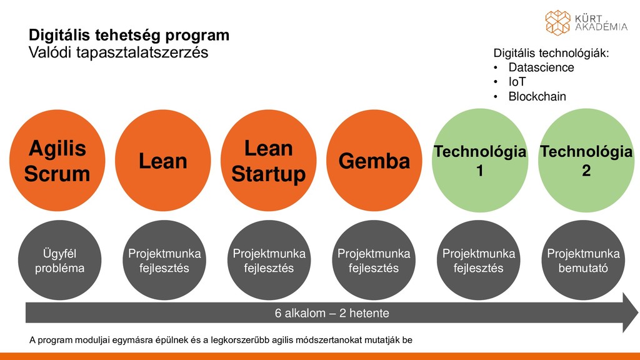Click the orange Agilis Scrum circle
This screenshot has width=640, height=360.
pos(57,161)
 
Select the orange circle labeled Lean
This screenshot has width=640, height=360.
pos(162,161)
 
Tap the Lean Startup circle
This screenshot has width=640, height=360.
pos(268,161)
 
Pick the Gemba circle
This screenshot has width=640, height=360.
pos(374,161)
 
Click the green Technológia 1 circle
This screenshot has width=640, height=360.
pos(479,161)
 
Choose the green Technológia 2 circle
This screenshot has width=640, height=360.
pos(586,161)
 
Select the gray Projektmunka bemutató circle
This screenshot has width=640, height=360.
pos(583,261)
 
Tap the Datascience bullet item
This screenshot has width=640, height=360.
pos(541,67)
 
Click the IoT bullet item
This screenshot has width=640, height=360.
pos(517,82)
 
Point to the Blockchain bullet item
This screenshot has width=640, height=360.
pos(537,97)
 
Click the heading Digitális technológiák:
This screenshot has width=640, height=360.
pos(551,53)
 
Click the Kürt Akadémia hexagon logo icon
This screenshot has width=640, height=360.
pos(557,22)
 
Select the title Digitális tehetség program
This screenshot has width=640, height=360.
pos(129,36)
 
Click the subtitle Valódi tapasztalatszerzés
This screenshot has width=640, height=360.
pos(119,52)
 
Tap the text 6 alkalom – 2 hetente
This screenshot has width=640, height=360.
pos(332,312)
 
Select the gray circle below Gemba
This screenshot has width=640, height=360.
pos(374,261)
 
